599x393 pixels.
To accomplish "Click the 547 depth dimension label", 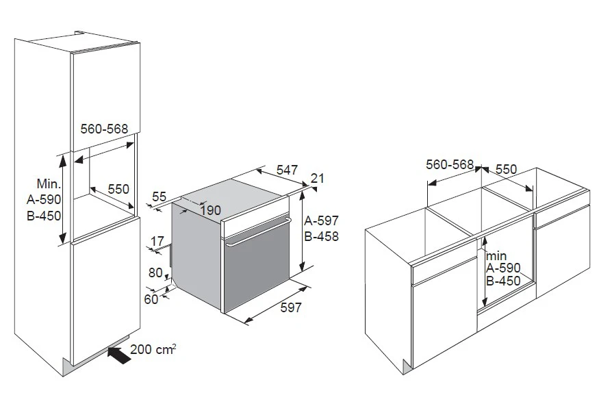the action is coord(287,170).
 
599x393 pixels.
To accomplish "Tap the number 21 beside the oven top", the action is coord(317,179).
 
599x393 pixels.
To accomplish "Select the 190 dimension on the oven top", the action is coord(210,210).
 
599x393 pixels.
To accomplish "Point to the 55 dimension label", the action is coord(160,196).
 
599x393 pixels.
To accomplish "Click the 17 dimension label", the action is coord(157,242).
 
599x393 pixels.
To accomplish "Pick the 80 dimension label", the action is coord(155,272).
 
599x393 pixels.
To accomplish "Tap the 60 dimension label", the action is coord(151,299).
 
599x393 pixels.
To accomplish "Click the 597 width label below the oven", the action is coord(291,307).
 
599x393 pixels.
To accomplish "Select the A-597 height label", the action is coord(321,220).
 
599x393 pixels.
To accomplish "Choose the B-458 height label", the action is coord(321,236).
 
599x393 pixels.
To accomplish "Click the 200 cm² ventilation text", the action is coord(153,349).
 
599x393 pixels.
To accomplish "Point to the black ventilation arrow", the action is coord(117,355).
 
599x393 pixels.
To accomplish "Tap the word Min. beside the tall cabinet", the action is coord(49,183).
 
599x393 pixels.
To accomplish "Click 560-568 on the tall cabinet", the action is coord(104,129).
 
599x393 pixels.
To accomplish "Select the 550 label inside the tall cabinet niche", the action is coord(118,189).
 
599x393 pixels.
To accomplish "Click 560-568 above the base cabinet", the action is coord(450,164).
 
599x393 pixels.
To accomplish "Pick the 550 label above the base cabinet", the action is coord(506,169).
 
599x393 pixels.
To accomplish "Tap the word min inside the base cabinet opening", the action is coord(496,256).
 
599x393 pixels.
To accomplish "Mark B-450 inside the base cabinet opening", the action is coord(503,281).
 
